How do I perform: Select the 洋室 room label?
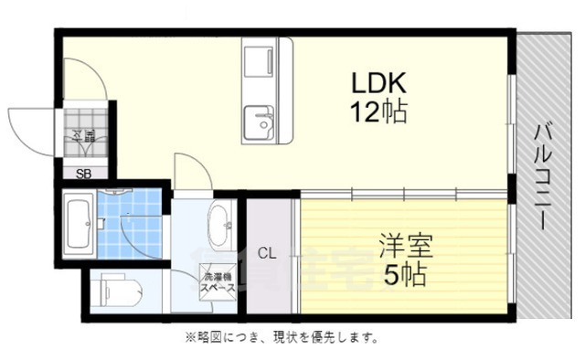tap(407, 245)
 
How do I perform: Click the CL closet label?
tap(267, 253)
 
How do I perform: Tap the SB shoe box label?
tap(82, 173)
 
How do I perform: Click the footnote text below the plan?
tap(282, 338)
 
